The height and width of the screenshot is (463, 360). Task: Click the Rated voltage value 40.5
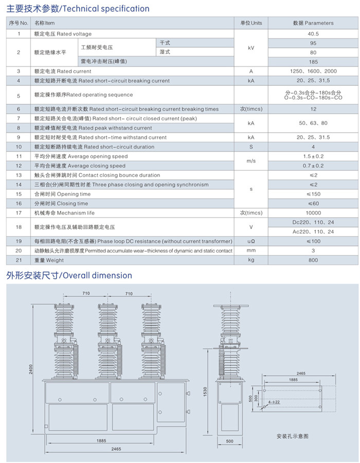click(x=313, y=34)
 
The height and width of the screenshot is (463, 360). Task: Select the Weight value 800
click(x=313, y=260)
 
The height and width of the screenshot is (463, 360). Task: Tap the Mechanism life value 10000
click(x=313, y=213)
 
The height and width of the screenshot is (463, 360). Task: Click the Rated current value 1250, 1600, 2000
click(x=313, y=71)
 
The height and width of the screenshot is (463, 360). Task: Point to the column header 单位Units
click(x=251, y=23)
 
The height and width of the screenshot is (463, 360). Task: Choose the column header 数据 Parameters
click(x=313, y=23)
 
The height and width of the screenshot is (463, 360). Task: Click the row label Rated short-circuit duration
click(x=94, y=147)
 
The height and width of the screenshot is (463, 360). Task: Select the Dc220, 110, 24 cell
click(x=313, y=222)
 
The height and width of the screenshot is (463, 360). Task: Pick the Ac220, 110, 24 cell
click(x=313, y=232)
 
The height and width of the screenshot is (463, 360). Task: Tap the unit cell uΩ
click(x=251, y=241)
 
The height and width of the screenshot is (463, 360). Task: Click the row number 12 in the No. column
click(x=19, y=166)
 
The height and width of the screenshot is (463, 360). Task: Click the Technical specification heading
click(x=78, y=9)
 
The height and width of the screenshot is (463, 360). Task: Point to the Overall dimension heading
click(x=69, y=276)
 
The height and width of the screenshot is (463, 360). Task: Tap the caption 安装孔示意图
click(x=292, y=436)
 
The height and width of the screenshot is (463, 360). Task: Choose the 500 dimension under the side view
click(x=229, y=441)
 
